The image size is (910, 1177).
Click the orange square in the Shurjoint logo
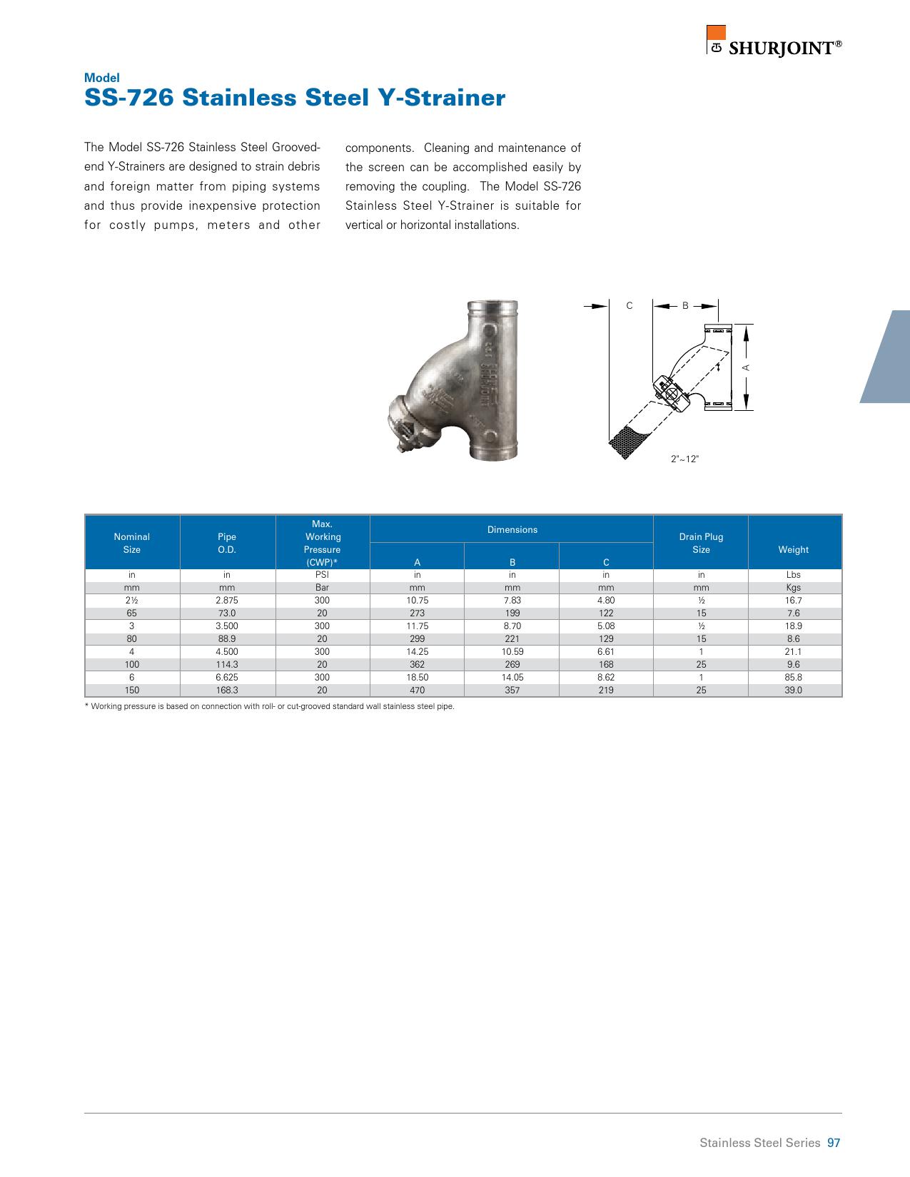(x=716, y=34)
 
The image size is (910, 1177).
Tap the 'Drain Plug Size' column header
(x=701, y=543)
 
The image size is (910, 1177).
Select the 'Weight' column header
(x=793, y=549)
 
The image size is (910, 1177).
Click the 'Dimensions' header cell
(x=512, y=529)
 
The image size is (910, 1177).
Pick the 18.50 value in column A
(x=417, y=677)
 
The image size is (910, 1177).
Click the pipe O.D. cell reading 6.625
(x=226, y=677)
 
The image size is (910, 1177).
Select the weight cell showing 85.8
(x=793, y=677)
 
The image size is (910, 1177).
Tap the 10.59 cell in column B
(x=512, y=651)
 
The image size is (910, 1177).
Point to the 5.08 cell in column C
(x=605, y=626)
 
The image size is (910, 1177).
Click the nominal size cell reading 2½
(x=131, y=600)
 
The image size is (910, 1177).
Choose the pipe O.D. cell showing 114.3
(x=226, y=664)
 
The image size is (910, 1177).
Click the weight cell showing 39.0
(x=793, y=690)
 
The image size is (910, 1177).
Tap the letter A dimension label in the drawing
(x=746, y=367)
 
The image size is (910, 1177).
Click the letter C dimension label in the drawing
(x=629, y=306)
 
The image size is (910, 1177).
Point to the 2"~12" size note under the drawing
(x=684, y=459)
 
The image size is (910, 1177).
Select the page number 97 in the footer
(x=834, y=1143)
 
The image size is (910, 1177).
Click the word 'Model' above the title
(x=102, y=78)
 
